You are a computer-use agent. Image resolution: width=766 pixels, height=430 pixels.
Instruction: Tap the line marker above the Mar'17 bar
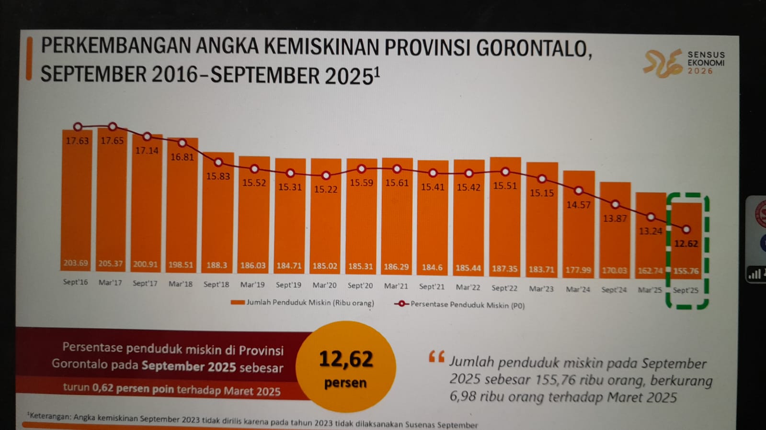point(113,127)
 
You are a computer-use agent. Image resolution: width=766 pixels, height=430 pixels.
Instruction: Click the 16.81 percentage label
point(182,157)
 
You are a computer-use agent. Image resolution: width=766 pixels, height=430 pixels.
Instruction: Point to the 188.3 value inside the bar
point(217,265)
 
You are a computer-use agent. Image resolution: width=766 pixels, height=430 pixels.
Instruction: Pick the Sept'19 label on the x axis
point(288,285)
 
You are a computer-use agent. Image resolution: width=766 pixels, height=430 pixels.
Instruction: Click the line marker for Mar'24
point(579,191)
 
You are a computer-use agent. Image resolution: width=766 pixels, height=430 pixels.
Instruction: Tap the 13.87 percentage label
point(615,219)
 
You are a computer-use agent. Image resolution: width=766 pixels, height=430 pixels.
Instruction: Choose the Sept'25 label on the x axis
point(686,290)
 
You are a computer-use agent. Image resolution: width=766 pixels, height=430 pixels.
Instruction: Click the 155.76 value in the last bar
point(686,271)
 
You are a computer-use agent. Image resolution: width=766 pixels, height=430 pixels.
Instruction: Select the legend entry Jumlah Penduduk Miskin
point(303,303)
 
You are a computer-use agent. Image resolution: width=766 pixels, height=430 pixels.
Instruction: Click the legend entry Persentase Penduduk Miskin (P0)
point(460,305)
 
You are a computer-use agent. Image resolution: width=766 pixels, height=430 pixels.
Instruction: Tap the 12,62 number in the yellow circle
point(346,359)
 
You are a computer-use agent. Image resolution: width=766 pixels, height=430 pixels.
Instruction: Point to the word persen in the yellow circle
point(345,383)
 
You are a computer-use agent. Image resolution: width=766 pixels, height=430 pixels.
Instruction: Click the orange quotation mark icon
point(436,357)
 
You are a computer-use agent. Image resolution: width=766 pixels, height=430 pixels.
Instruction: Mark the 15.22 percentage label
point(326,189)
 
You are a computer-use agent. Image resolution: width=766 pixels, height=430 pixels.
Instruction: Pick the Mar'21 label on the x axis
point(396,286)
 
